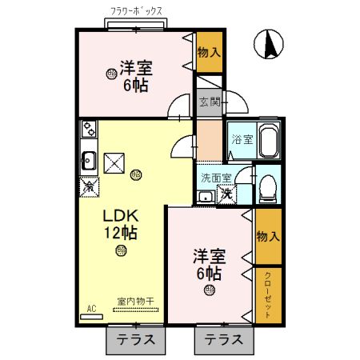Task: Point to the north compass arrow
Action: point(270,43)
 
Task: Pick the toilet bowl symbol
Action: point(267,189)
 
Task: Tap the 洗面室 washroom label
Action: point(216,178)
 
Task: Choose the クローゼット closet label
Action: point(267,295)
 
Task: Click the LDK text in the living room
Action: point(120,216)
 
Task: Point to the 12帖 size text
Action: point(120,234)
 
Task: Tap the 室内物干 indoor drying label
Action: point(135,302)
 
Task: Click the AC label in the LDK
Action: point(91,309)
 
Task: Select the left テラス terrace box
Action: point(135,339)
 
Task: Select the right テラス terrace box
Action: point(223,339)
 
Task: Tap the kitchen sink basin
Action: point(88,160)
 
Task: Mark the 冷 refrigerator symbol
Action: point(89,186)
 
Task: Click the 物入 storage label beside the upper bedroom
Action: point(210,52)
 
